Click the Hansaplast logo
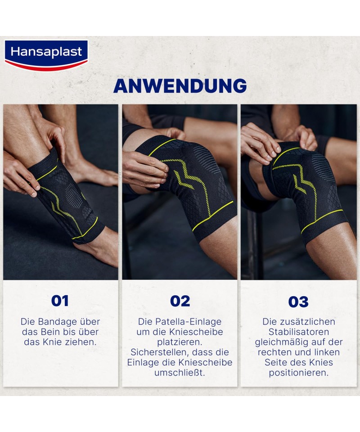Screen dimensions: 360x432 (x=46, y=55)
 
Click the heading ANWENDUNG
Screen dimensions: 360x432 (x=180, y=85)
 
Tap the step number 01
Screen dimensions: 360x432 (x=60, y=301)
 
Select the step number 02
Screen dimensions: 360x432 (x=180, y=301)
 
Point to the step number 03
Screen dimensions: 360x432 (x=298, y=301)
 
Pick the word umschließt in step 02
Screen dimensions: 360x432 (x=179, y=373)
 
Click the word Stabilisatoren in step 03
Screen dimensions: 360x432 (x=299, y=332)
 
